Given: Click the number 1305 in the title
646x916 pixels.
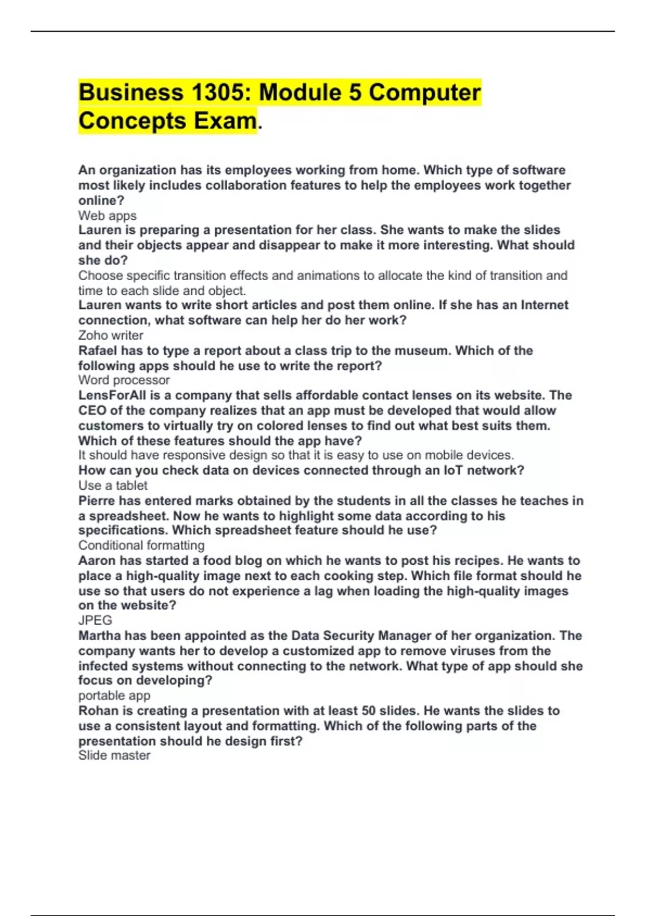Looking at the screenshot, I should click(x=217, y=93).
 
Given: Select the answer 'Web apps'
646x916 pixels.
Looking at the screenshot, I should click(x=107, y=216).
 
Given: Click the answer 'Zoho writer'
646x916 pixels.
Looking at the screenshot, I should click(x=110, y=335).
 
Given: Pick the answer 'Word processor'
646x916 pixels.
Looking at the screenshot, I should click(x=124, y=380).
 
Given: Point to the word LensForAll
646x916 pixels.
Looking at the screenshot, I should click(x=112, y=395).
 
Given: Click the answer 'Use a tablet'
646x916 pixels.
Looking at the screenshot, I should click(x=113, y=485).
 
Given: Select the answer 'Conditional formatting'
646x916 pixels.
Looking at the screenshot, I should click(x=141, y=545).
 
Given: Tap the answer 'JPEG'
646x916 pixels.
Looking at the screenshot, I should click(x=95, y=620).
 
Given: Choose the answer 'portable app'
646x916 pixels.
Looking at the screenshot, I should click(x=114, y=695).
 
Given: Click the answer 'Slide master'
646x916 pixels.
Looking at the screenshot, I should click(x=114, y=755).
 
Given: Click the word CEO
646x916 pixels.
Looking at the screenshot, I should click(x=92, y=411).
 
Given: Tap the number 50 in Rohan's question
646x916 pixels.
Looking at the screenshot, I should click(x=369, y=711).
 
